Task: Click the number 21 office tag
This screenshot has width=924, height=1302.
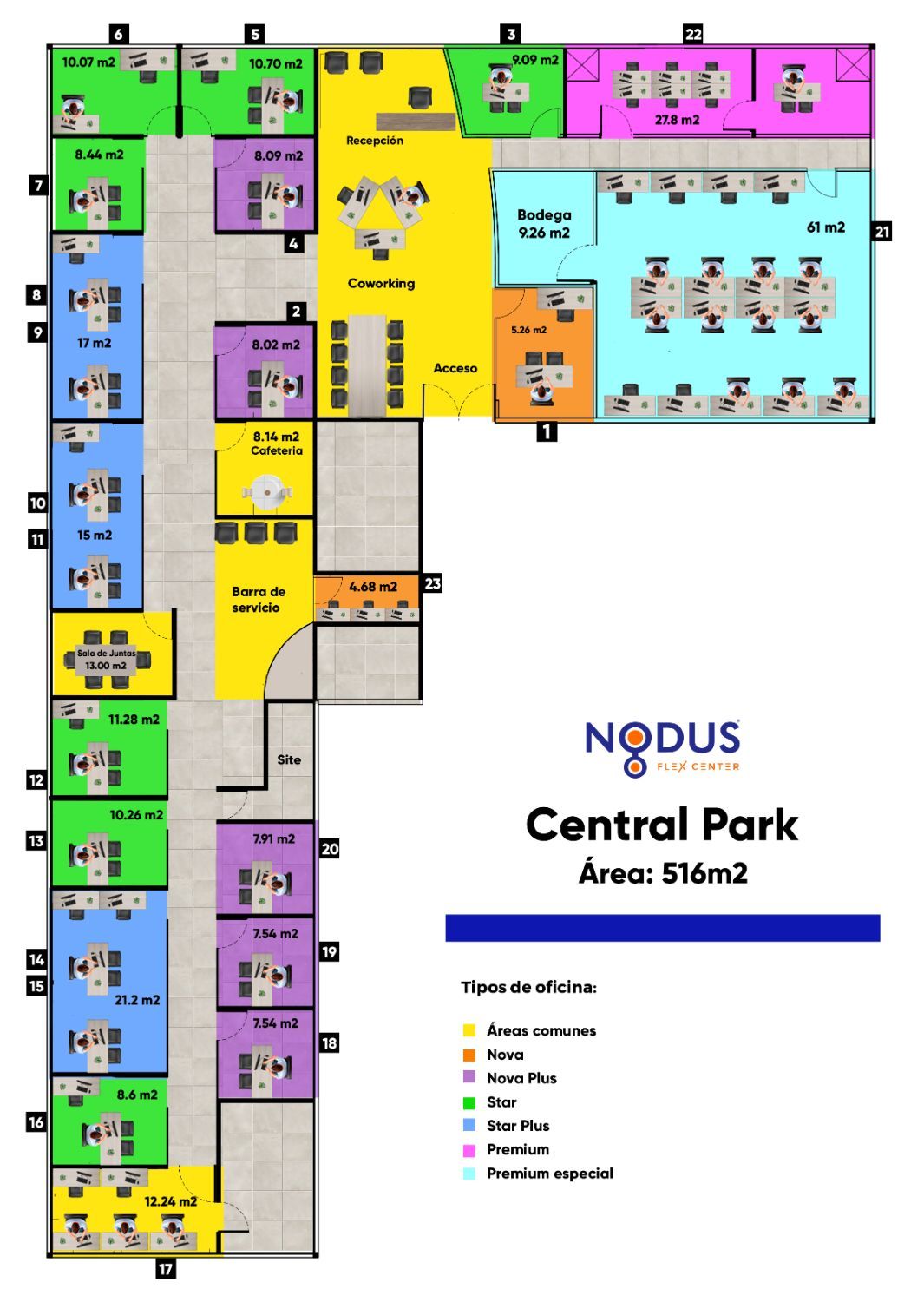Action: [x=882, y=232]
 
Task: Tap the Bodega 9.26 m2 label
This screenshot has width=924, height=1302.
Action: [x=544, y=223]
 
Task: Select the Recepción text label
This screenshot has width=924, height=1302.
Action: [x=375, y=141]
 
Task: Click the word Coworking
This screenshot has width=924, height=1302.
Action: [x=381, y=283]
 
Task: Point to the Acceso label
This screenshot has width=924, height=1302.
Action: [x=455, y=368]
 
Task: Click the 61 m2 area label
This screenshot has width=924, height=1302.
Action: [x=825, y=227]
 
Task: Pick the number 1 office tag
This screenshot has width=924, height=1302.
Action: [x=547, y=431]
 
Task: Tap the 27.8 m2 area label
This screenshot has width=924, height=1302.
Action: [x=677, y=120]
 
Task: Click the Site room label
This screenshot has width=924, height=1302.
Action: [x=289, y=759]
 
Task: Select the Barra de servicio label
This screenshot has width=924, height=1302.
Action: [x=258, y=600]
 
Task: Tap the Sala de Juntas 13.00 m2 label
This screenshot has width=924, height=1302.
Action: [x=106, y=660]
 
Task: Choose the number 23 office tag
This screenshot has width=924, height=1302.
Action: [x=432, y=583]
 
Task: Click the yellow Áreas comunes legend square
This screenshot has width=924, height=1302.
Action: [x=469, y=1030]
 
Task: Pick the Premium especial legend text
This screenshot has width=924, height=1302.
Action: [x=549, y=1174]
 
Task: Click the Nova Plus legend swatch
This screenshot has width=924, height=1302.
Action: [x=469, y=1077]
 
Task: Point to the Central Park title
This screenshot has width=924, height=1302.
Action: [x=661, y=825]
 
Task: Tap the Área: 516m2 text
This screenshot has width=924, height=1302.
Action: [x=663, y=872]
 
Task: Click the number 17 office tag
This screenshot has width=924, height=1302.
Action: [x=165, y=1269]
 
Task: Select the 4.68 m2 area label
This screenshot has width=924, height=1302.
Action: [x=373, y=587]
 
